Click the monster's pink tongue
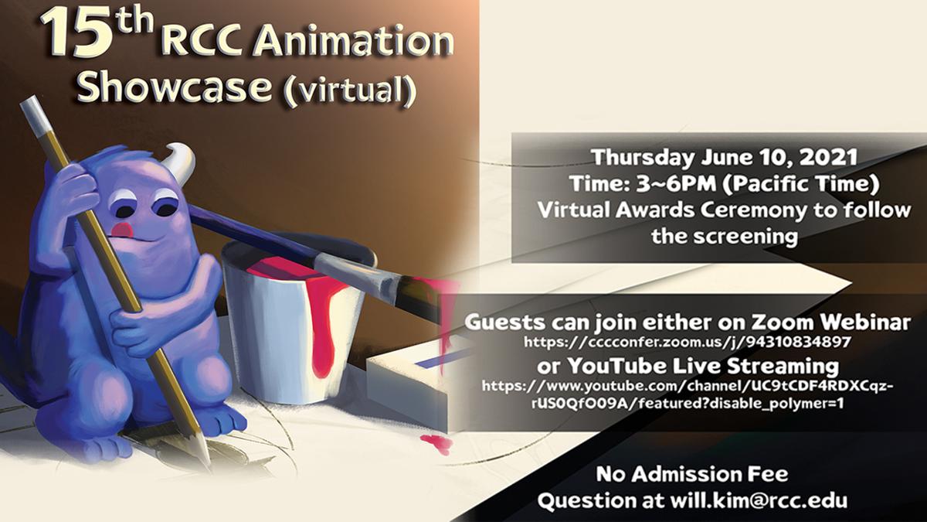pyautogui.click(x=120, y=230)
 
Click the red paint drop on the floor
pyautogui.click(x=435, y=443)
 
